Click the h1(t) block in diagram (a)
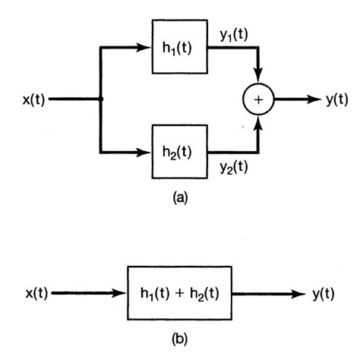179,47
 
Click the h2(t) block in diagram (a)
179,151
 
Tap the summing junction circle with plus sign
259,99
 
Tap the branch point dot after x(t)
100,99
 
